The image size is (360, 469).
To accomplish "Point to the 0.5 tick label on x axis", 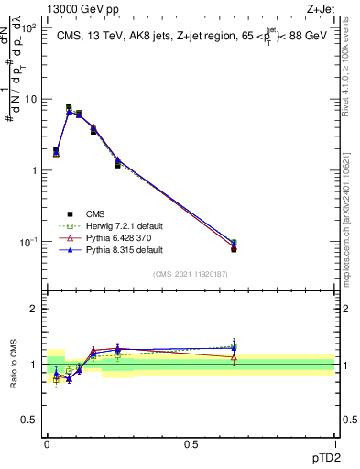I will click(x=190, y=443).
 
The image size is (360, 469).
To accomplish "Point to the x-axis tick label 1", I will click(x=334, y=443).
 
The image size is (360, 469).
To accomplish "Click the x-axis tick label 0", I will click(x=47, y=443).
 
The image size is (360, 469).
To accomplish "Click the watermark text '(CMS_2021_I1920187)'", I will click(x=191, y=274).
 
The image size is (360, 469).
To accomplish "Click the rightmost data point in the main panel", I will click(x=234, y=248).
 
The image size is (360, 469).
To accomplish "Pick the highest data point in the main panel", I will click(x=69, y=107).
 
